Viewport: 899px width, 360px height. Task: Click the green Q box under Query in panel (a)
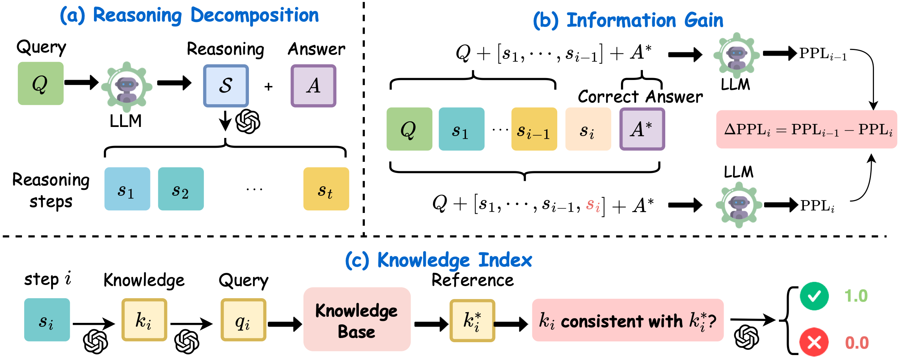point(41,83)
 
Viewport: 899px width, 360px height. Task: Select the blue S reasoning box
point(226,86)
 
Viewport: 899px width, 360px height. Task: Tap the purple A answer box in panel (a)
point(313,86)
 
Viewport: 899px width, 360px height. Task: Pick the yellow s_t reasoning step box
point(326,189)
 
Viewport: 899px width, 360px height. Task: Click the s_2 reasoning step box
point(181,189)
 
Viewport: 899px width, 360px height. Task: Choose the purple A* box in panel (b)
point(642,129)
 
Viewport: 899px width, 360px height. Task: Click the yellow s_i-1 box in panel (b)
point(534,129)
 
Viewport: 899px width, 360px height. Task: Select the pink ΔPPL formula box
point(806,129)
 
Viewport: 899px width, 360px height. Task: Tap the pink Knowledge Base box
point(356,319)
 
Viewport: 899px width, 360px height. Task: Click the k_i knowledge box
point(144,320)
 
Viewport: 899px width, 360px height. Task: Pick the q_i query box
point(243,320)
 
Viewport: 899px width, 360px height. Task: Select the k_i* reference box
point(472,321)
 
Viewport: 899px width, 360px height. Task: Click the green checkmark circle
point(814,296)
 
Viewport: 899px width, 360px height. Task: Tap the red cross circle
point(814,342)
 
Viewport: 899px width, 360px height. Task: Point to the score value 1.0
point(856,296)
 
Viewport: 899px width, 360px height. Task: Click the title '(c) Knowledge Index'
point(438,260)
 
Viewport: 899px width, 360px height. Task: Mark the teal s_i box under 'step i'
point(47,320)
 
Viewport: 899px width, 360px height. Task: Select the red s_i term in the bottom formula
point(593,205)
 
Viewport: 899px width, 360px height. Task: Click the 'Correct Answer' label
point(640,97)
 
